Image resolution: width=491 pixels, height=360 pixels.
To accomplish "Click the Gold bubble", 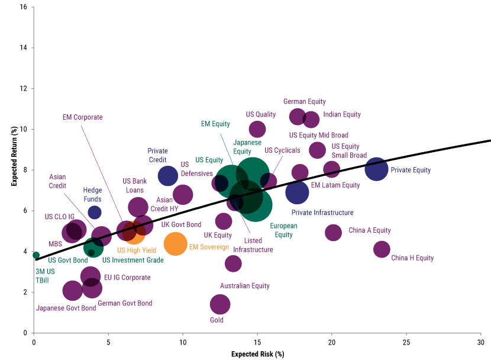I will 220,304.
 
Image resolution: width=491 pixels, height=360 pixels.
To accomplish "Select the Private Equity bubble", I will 376,169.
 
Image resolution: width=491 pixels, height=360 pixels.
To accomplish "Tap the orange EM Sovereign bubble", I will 175,243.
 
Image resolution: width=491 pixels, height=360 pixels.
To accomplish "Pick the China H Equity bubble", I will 382,249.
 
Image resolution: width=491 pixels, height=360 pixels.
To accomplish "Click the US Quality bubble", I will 257,129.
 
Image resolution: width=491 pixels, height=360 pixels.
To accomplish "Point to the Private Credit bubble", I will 168,175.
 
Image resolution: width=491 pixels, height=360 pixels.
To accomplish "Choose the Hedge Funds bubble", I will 95,212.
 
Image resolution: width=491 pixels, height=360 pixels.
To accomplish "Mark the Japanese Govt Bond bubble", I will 73,291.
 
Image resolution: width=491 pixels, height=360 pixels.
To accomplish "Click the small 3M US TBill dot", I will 36,255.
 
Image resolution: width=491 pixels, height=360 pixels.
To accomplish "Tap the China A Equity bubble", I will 334,233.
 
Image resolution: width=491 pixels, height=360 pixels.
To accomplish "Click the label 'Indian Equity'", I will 342,115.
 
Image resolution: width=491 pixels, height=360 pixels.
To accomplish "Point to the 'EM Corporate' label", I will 83,117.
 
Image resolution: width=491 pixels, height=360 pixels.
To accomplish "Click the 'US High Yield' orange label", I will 137,250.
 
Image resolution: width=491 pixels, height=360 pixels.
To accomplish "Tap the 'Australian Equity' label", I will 245,286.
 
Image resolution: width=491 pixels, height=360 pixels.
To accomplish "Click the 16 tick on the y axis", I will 23,7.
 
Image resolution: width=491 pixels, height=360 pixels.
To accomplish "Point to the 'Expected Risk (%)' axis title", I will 258,354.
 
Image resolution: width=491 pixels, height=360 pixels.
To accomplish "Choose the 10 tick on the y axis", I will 23,129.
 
